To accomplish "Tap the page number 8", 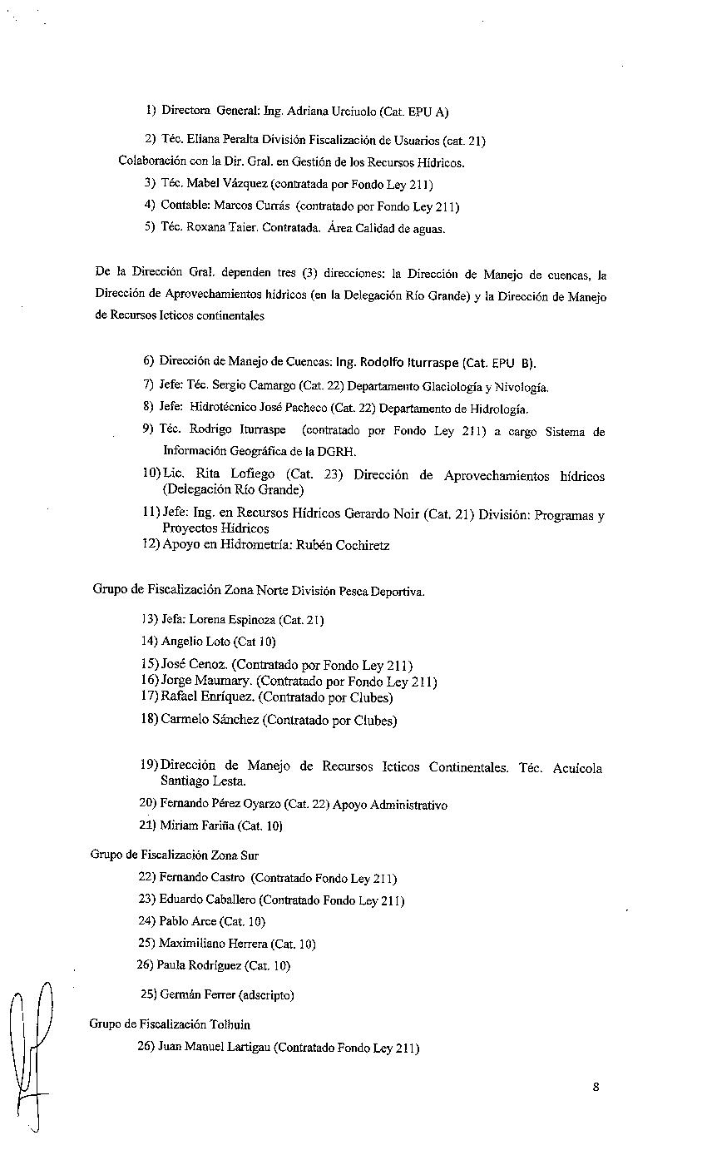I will (596, 1086).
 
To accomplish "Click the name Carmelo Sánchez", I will (210, 720).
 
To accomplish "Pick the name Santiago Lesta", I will (203, 781).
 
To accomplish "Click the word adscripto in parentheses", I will (266, 994).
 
